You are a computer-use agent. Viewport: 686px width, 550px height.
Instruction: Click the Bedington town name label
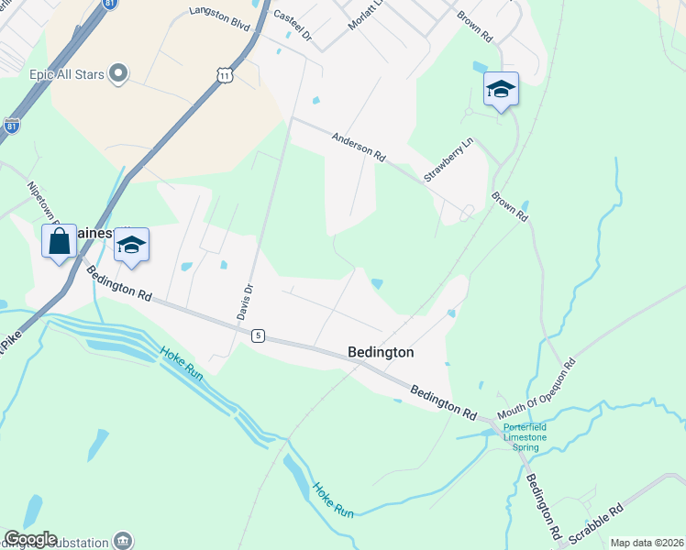pyautogui.click(x=381, y=352)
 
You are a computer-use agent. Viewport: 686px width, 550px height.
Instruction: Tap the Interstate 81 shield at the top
pyautogui.click(x=109, y=4)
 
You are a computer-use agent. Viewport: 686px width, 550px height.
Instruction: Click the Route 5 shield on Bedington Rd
pyautogui.click(x=258, y=336)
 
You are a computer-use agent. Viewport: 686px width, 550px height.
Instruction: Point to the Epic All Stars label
pyautogui.click(x=68, y=72)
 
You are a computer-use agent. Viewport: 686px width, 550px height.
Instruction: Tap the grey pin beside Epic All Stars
pyautogui.click(x=117, y=72)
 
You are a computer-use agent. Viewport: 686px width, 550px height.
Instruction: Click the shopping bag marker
pyautogui.click(x=60, y=243)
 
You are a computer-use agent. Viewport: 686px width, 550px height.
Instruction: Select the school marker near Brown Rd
pyautogui.click(x=501, y=90)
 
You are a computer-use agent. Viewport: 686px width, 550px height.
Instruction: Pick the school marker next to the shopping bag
pyautogui.click(x=132, y=246)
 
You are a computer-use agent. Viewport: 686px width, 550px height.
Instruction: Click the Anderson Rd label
pyautogui.click(x=358, y=146)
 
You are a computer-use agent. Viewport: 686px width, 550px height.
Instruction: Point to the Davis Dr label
pyautogui.click(x=245, y=300)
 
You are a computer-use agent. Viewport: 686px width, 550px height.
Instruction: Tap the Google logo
pyautogui.click(x=30, y=539)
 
